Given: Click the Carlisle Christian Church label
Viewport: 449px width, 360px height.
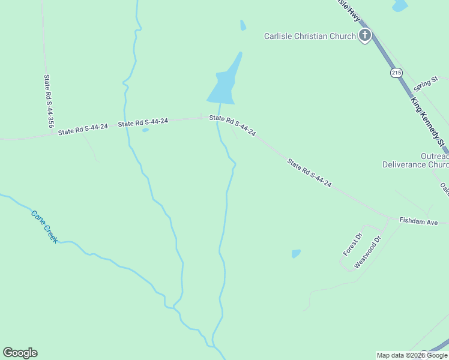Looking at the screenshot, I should (310, 36).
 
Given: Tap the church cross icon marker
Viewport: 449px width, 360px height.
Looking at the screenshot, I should (365, 36).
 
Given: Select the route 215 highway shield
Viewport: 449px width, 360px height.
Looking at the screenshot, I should (396, 73).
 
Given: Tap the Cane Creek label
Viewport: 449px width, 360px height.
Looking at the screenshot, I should (44, 226).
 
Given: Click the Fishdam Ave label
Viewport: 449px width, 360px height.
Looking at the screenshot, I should (419, 222).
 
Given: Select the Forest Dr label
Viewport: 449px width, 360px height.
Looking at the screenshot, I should (353, 244).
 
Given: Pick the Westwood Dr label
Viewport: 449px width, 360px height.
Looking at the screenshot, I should (368, 252).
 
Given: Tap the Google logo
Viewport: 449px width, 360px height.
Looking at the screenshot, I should (20, 353).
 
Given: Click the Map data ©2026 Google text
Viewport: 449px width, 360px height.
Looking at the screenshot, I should (412, 355).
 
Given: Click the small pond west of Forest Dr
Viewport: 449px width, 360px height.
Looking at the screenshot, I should (296, 254).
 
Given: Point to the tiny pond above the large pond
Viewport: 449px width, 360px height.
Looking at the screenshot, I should (243, 25).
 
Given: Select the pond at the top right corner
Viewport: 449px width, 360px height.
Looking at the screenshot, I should (400, 5).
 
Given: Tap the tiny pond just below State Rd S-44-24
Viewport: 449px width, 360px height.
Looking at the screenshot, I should (145, 130).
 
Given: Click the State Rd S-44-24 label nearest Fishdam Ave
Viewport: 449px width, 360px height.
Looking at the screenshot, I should (309, 173).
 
